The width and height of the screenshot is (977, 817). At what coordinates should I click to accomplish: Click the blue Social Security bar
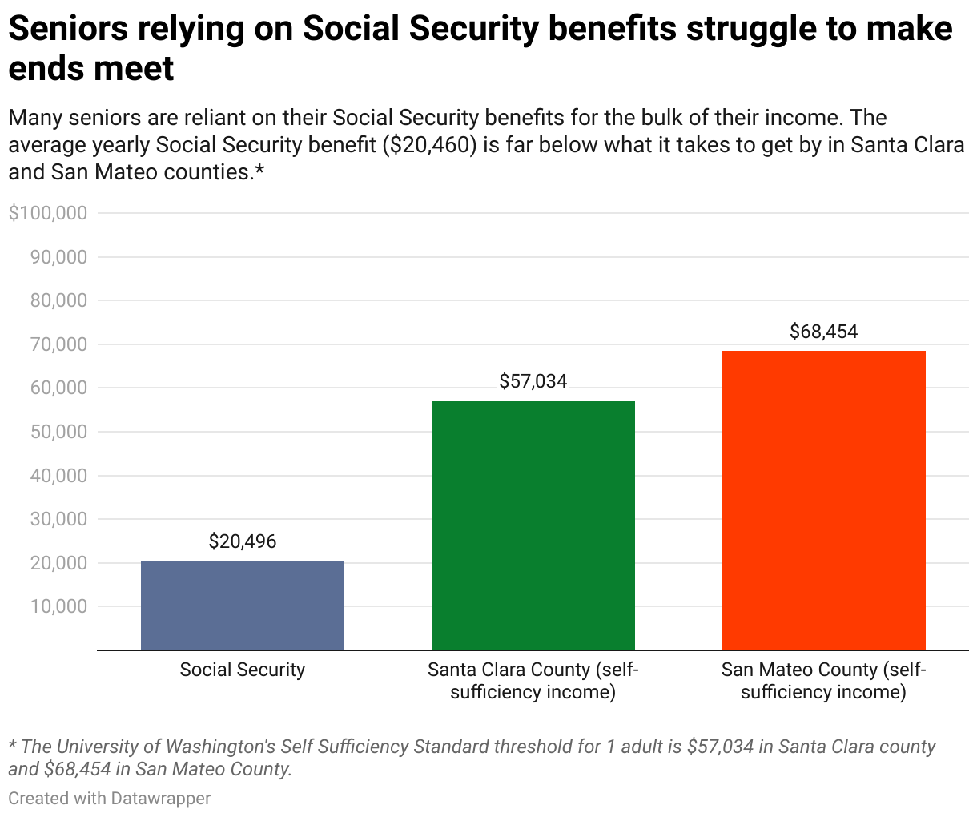tap(242, 605)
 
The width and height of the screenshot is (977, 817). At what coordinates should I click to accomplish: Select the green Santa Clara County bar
tap(533, 525)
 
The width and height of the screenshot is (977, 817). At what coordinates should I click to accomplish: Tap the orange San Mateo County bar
tap(823, 500)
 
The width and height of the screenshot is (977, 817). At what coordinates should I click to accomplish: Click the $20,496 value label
tap(242, 541)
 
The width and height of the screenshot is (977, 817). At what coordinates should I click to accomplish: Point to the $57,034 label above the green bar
tap(533, 381)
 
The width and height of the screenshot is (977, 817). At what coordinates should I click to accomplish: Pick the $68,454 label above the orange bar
tap(823, 332)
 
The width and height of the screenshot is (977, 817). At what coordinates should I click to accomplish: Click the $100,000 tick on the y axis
tap(47, 214)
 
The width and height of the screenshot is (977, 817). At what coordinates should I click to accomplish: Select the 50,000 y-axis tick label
tap(58, 432)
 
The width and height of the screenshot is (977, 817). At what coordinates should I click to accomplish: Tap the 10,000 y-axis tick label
tap(58, 606)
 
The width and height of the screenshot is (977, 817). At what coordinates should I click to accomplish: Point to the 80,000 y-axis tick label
tap(58, 301)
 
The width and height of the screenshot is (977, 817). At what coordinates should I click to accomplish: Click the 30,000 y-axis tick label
tap(58, 519)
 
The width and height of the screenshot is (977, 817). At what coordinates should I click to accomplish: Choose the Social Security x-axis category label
tap(242, 670)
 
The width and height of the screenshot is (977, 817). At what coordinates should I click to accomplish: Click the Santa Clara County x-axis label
tap(533, 681)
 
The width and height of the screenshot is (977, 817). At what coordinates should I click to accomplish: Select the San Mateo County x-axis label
tap(823, 681)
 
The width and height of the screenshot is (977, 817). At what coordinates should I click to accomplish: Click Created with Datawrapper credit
tap(110, 798)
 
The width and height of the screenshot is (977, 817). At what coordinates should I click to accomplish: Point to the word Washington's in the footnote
tap(221, 747)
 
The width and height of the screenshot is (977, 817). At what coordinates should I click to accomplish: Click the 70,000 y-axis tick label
tap(58, 344)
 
